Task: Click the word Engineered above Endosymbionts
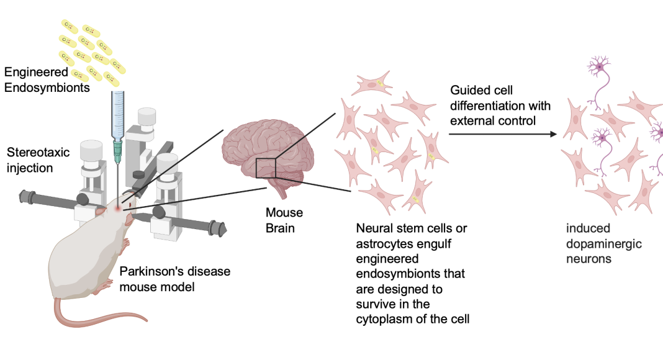[x=36, y=72]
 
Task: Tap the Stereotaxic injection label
[x=38, y=160]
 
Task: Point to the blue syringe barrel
[x=117, y=116]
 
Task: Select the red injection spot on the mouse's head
[x=118, y=209]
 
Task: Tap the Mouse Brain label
[x=284, y=220]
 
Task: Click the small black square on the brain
[x=266, y=168]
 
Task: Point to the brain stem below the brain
[x=279, y=187]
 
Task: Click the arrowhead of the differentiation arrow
[x=553, y=134]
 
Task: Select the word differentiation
[x=500, y=106]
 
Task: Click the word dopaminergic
[x=604, y=244]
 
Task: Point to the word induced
[x=588, y=228]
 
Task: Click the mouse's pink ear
[x=100, y=210]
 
